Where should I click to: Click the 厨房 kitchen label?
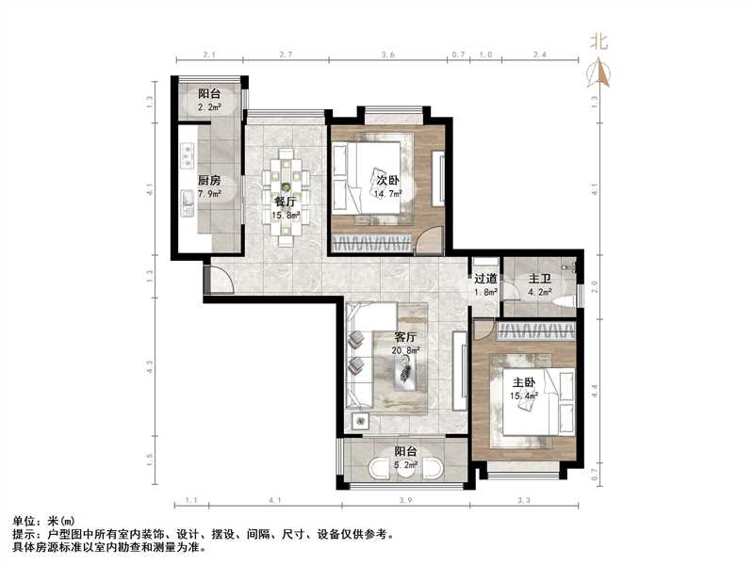tap(209, 181)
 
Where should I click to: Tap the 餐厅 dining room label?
tap(286, 201)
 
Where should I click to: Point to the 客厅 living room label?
tap(407, 336)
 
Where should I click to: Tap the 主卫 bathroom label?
tap(539, 279)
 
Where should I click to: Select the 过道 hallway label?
tap(485, 279)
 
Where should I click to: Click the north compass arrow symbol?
tap(598, 73)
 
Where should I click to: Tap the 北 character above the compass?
tap(598, 41)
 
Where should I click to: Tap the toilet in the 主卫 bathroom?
tap(565, 301)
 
